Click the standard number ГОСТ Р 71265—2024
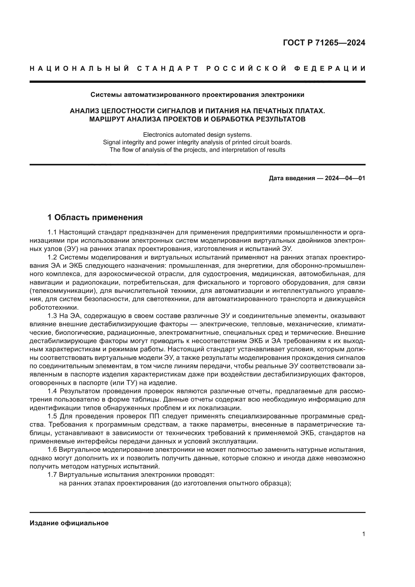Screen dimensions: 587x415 [x=324, y=43]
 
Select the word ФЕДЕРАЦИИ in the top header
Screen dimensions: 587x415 [x=330, y=69]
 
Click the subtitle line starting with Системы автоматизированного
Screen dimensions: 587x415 [x=197, y=95]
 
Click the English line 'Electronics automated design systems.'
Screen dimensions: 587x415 [x=197, y=135]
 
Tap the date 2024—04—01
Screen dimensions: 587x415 [x=345, y=178]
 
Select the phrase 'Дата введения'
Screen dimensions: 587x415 [x=292, y=178]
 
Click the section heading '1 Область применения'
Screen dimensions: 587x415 [x=95, y=218]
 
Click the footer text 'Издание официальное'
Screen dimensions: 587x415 [x=69, y=523]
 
